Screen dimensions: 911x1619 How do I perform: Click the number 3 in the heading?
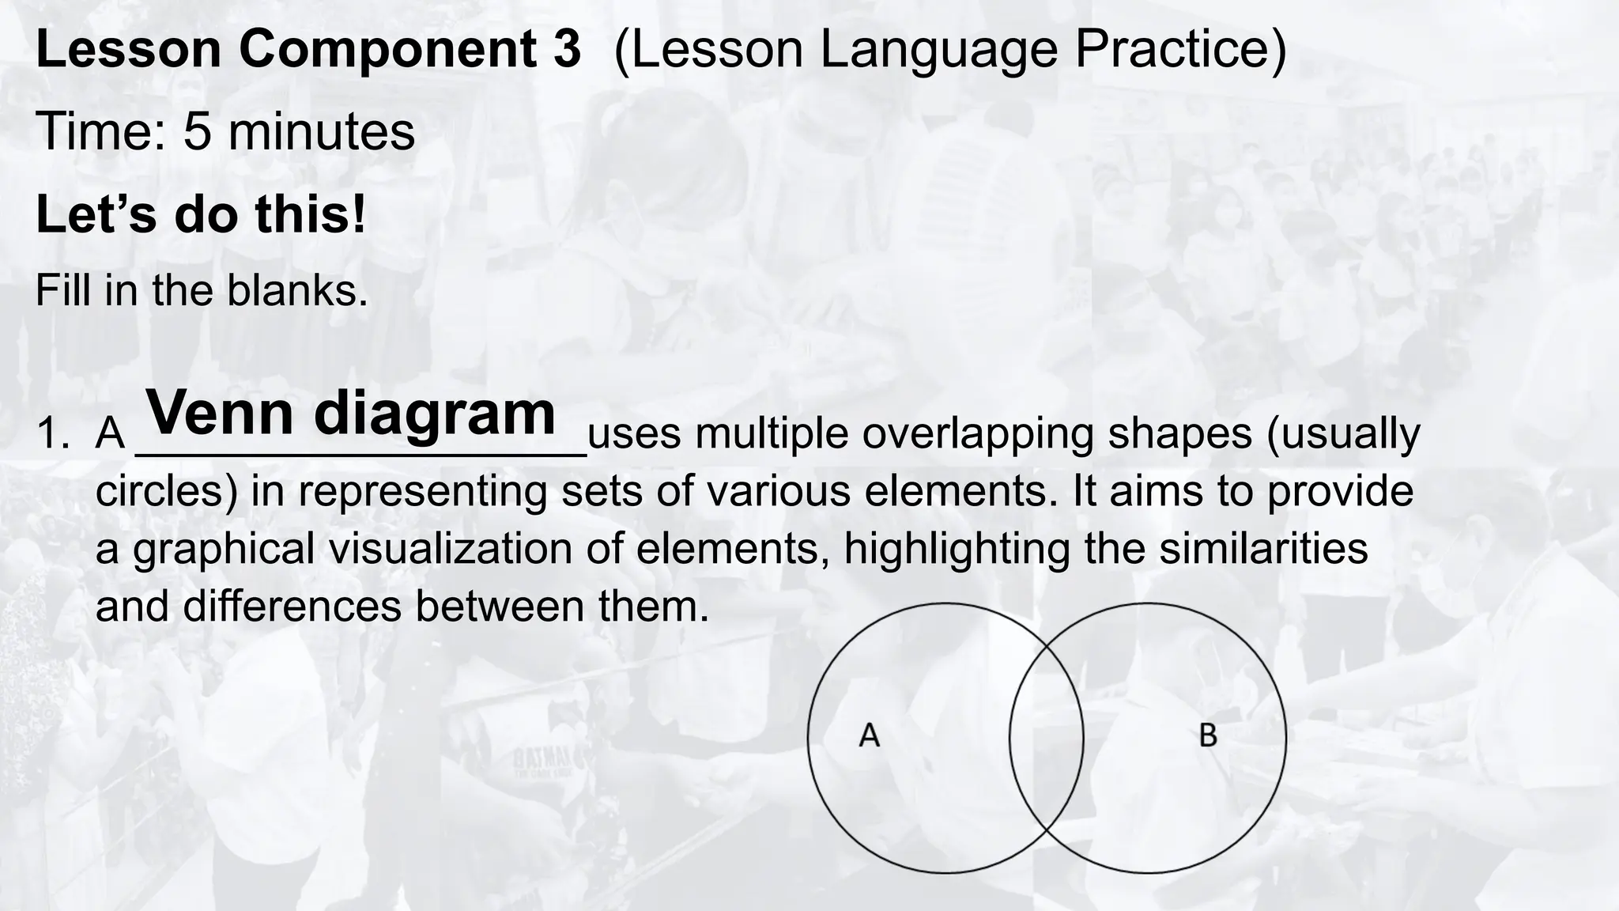tap(563, 49)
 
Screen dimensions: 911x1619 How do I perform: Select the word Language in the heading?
tap(938, 49)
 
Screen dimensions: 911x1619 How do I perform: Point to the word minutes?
tap(321, 131)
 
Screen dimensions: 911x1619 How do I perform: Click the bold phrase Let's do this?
tap(202, 215)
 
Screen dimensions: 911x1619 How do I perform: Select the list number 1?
tap(52, 435)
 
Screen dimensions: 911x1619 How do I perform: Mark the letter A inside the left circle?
tap(869, 735)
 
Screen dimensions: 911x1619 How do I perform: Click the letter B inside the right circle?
tap(1208, 735)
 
